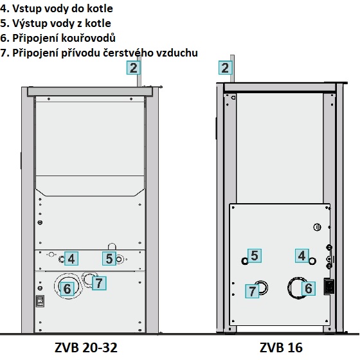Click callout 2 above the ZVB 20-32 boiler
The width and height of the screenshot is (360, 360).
tap(134, 67)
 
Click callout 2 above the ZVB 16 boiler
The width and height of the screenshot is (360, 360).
tap(225, 67)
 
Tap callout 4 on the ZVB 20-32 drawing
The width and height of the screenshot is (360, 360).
tap(71, 258)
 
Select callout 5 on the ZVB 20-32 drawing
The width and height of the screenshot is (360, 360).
tap(109, 258)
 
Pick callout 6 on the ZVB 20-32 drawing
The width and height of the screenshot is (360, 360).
tap(67, 289)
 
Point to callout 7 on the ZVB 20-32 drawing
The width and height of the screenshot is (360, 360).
tap(99, 283)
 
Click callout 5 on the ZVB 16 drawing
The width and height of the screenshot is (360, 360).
tap(255, 256)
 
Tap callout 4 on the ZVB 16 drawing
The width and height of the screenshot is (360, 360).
tap(302, 256)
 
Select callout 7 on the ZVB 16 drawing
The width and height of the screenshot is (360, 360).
tap(252, 291)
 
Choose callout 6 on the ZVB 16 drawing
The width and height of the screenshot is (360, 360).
tap(309, 289)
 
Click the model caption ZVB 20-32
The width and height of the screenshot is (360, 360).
tap(86, 347)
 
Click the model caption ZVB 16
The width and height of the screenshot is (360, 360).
tap(281, 347)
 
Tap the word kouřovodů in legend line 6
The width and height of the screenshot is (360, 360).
tap(88, 38)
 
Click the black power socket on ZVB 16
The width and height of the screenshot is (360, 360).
tap(328, 286)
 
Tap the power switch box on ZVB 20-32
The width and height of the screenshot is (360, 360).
tap(40, 301)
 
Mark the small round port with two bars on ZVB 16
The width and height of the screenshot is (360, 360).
tap(317, 228)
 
